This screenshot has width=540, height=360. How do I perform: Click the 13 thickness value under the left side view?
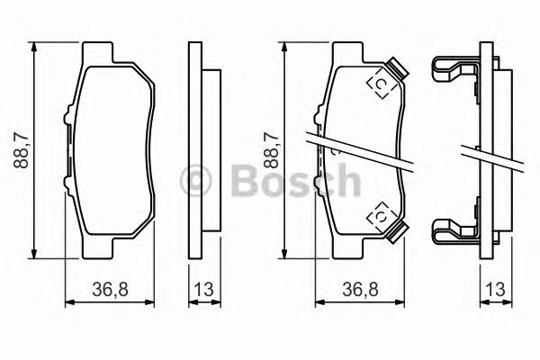pos(204,290)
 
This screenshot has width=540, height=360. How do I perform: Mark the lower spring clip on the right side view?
pos(456,230)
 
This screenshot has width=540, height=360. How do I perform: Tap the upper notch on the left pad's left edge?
pos(67,117)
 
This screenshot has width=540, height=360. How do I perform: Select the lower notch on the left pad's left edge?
pos(67,181)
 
